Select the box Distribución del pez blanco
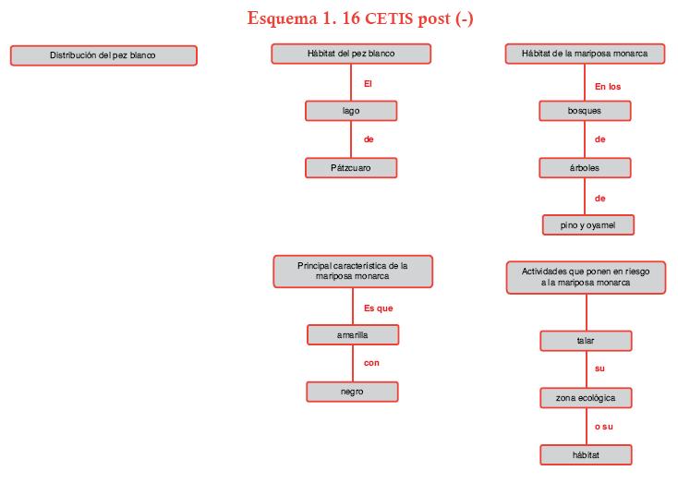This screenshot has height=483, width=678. (x=103, y=55)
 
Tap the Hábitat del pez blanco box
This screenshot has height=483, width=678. (x=351, y=54)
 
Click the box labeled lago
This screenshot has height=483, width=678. (x=351, y=111)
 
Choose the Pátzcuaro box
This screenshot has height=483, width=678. (x=351, y=168)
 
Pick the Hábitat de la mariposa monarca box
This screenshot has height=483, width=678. (x=586, y=54)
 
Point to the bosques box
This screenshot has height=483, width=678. (x=585, y=111)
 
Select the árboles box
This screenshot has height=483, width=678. (x=585, y=168)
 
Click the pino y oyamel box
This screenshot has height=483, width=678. (x=587, y=225)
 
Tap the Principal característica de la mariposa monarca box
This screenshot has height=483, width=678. (x=353, y=271)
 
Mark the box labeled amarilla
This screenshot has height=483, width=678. (x=353, y=334)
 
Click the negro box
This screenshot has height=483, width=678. (x=352, y=392)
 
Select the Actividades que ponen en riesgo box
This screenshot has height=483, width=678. (x=586, y=277)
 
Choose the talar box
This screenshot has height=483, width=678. (x=586, y=341)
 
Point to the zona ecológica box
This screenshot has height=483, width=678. (x=586, y=398)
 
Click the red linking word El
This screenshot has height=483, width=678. (x=368, y=83)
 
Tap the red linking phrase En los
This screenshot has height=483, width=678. (x=607, y=87)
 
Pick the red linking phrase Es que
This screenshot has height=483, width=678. (x=378, y=308)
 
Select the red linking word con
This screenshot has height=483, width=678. (x=371, y=363)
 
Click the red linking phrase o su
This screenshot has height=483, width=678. (x=604, y=427)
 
